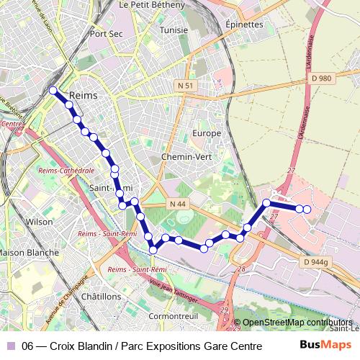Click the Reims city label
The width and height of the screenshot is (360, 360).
pos(83,95)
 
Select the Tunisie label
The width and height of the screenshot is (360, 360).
pos(174,30)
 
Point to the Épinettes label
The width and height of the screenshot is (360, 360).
pos(244,24)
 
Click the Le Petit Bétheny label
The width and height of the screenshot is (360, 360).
pos(152,4)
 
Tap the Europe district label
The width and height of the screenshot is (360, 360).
pos(207,134)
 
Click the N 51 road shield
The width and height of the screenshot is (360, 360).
pos(186,86)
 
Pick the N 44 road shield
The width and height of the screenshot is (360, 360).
pos(179,204)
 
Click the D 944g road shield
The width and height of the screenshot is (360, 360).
pos(315,262)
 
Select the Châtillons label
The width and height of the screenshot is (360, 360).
pos(102,296)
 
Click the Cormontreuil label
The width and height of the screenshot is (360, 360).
pos(172,316)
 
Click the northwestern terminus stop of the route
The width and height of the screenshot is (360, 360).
pos(53,90)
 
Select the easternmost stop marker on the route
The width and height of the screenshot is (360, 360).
pos(307,210)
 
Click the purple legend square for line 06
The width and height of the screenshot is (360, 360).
pos(11,346)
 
